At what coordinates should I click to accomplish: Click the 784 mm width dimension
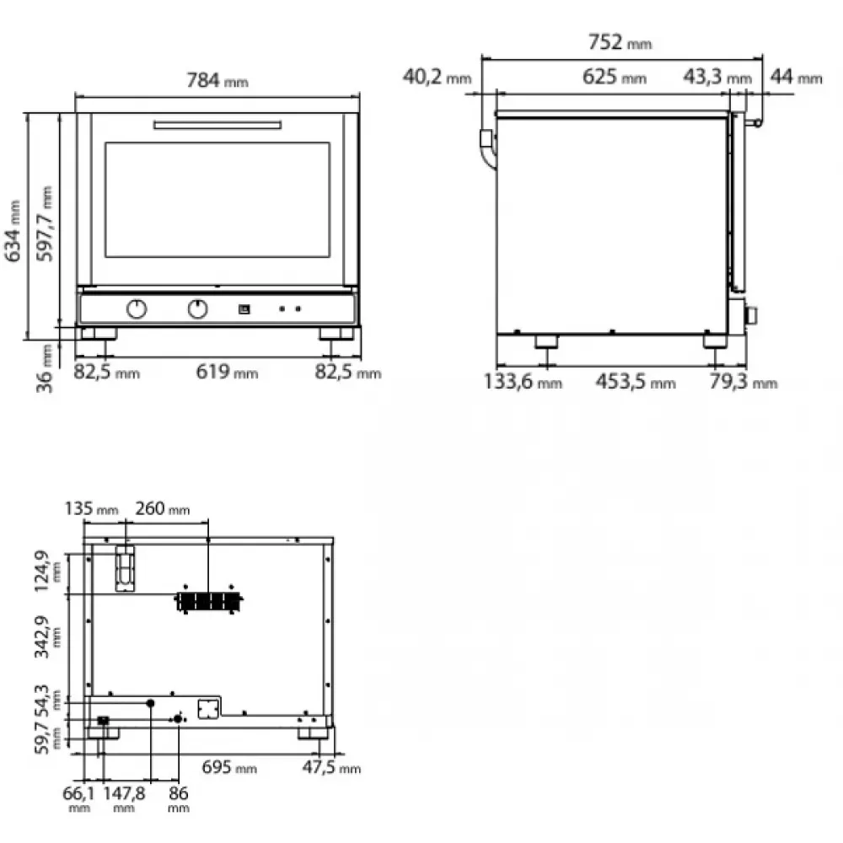(217, 81)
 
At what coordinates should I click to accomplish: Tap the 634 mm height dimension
(13, 231)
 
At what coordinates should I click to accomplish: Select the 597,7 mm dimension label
(45, 223)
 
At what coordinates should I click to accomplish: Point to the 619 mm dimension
(227, 372)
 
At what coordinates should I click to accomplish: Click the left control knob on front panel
(137, 309)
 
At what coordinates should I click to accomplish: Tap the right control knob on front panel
(198, 309)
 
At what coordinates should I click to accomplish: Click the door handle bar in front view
(217, 126)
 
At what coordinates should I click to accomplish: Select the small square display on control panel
(244, 309)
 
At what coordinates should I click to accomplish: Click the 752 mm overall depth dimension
(620, 42)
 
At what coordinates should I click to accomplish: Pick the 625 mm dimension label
(615, 77)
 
